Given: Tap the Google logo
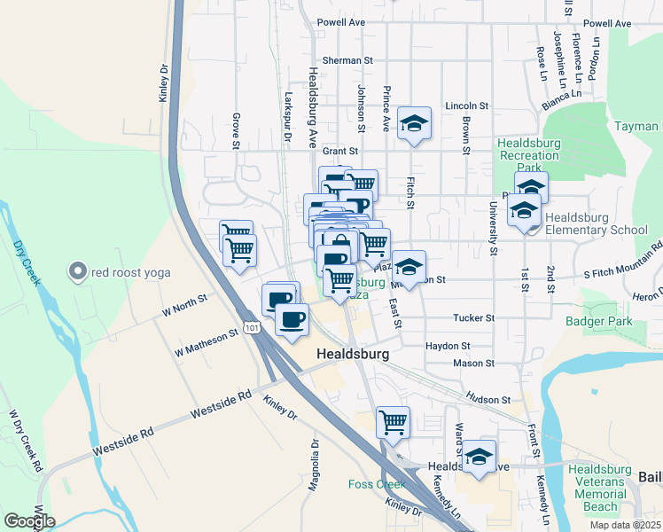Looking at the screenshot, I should click(28, 521).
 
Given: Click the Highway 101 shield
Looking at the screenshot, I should click(254, 329).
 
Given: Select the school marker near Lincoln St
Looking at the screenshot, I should click(414, 124).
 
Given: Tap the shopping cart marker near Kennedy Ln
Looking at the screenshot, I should click(394, 423).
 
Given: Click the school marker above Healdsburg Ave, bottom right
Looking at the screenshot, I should click(479, 457).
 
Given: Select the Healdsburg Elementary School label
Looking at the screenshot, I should click(597, 223).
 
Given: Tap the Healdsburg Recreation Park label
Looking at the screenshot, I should click(529, 154).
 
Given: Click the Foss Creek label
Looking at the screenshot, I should click(376, 484).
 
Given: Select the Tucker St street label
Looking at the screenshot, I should click(472, 317).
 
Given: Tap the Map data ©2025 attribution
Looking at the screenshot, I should click(625, 525).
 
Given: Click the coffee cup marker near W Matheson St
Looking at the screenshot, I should click(291, 319).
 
